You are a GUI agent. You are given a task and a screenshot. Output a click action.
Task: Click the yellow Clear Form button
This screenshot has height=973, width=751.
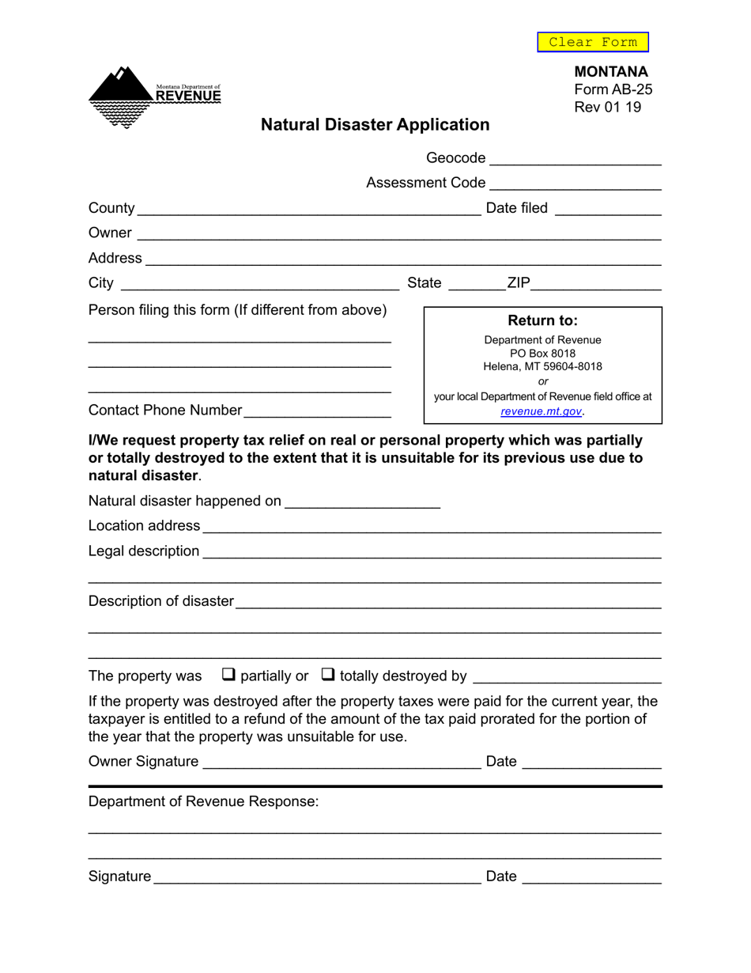click(x=592, y=42)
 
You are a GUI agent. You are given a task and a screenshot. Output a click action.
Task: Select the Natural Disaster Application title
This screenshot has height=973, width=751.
click(x=375, y=125)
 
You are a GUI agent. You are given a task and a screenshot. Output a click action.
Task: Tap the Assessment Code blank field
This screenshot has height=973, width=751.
click(x=575, y=183)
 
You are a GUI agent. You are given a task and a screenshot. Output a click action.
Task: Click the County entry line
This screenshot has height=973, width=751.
click(x=308, y=208)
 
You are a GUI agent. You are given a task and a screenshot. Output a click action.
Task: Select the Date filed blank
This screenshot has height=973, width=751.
click(x=608, y=208)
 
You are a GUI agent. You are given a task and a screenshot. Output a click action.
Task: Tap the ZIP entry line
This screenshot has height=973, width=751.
click(x=596, y=283)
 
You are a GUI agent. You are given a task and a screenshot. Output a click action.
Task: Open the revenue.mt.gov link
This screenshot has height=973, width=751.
click(x=542, y=411)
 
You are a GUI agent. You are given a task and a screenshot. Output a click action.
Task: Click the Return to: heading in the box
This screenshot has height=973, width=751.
click(x=542, y=320)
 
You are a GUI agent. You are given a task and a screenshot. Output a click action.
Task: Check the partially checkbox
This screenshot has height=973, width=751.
click(x=228, y=675)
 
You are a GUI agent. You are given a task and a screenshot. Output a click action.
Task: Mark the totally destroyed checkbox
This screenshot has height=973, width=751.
click(x=327, y=675)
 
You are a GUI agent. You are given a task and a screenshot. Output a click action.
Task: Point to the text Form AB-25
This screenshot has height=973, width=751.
click(x=613, y=89)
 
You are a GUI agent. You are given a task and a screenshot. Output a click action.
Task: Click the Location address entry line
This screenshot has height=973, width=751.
click(x=431, y=526)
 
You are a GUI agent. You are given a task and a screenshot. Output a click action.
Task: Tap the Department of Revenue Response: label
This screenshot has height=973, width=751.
click(x=204, y=801)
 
